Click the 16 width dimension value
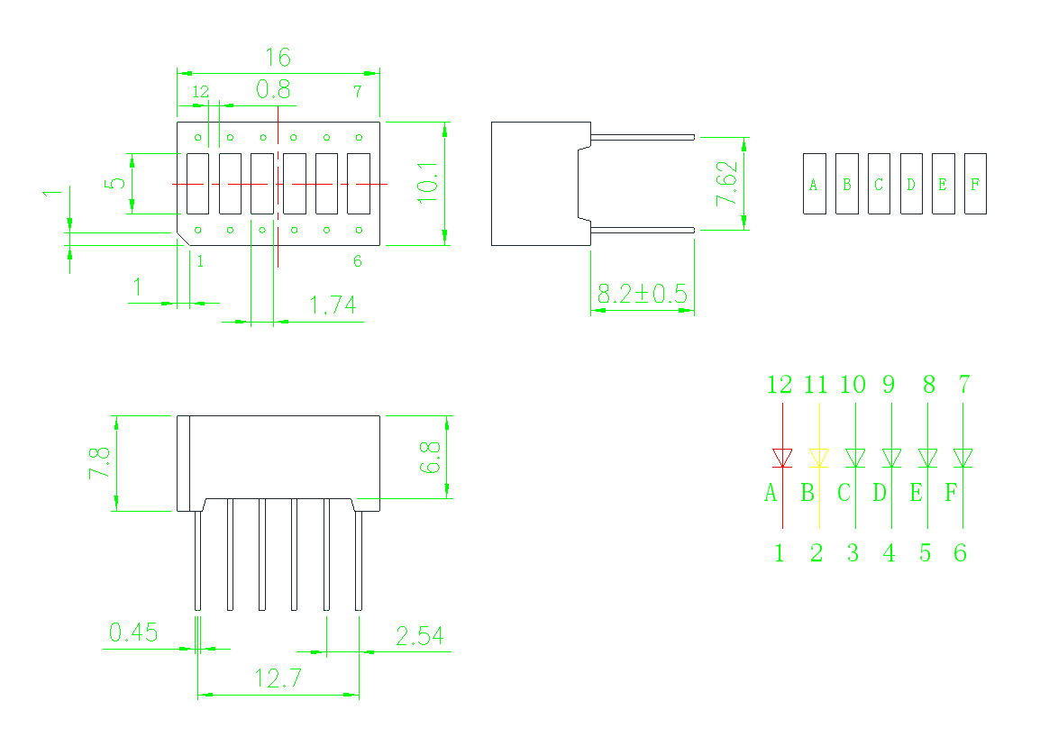point(278,58)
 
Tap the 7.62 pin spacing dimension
point(726,184)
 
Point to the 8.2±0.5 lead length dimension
point(643,294)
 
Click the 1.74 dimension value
point(333,305)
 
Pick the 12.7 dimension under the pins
point(278,678)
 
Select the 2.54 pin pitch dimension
point(420,636)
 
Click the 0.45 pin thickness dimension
point(133,632)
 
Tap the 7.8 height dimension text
point(99,463)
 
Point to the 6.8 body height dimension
point(430,457)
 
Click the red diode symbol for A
point(783,458)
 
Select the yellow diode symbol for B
point(819,458)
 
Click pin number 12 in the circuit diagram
point(780,385)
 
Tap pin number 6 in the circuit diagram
point(960,553)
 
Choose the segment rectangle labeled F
point(976,184)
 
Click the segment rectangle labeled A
point(815,184)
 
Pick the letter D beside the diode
point(879,493)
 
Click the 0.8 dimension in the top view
point(273,90)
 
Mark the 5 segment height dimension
point(117,183)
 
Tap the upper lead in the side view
point(643,138)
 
